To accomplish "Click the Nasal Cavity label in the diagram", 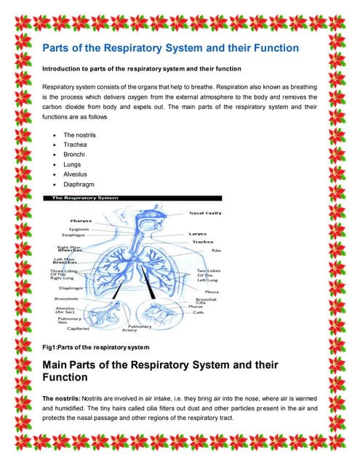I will pos(206,213).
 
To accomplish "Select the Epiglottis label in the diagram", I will pos(79,229).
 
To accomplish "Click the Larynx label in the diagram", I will pos(199,234).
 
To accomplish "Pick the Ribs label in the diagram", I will pos(216,251).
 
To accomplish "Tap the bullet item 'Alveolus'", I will pos(76,175).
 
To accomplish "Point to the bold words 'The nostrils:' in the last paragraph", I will pos(63,398).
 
